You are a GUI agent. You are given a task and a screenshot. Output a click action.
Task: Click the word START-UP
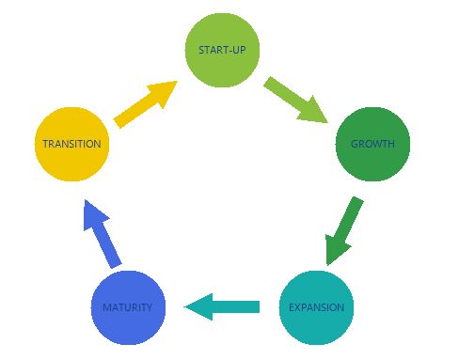222,49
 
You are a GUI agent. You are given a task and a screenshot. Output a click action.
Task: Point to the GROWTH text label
372,144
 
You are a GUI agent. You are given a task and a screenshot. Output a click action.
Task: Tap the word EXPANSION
316,307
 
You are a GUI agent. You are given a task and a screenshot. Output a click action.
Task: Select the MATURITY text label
128,307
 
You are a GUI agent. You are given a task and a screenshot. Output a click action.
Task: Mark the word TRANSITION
71,144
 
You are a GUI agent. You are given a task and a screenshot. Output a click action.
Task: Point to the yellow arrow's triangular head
162,94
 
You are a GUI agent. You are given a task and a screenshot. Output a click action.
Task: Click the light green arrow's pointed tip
325,122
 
